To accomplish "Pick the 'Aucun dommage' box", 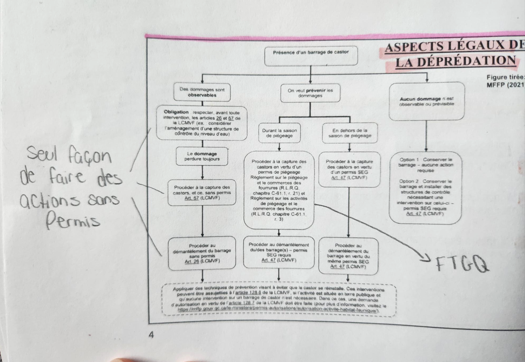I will point(427,101).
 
